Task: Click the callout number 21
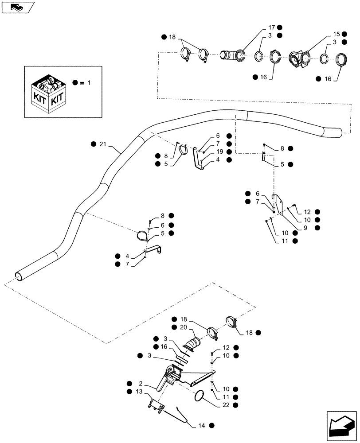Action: point(103,144)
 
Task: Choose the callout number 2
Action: point(140,383)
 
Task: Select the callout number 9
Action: point(306,227)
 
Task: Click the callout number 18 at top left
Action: point(172,37)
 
